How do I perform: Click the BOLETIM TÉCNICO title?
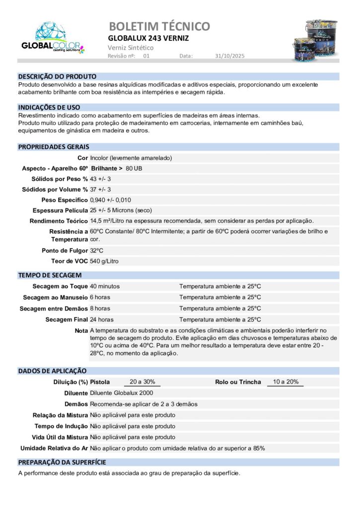pos(159,26)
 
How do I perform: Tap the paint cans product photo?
pos(315,40)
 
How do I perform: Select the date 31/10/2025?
pos(230,56)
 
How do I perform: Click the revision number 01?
pos(146,56)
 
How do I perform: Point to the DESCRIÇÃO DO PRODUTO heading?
pos(57,76)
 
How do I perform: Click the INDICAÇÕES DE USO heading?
pos(49,107)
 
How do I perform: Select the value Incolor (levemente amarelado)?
pos(131,158)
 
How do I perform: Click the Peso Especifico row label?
pos(65,200)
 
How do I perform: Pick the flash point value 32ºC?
pos(96,251)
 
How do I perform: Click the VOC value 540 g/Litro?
pos(104,261)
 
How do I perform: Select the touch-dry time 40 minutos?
pos(105,286)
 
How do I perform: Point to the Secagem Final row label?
pos(67,319)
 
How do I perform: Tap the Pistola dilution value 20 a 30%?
pos(142,381)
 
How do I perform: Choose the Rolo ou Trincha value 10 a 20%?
pos(286,381)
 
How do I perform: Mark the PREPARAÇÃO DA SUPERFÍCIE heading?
pos(62,462)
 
